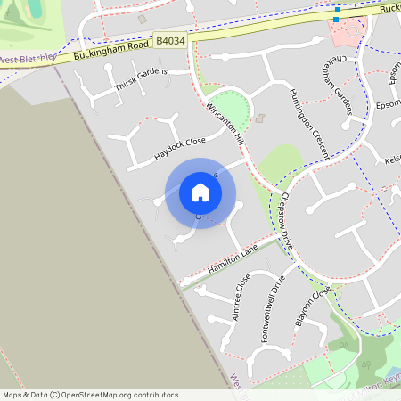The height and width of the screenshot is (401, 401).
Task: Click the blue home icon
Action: pyautogui.click(x=200, y=192)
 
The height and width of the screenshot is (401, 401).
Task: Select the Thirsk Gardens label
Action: pyautogui.click(x=141, y=80)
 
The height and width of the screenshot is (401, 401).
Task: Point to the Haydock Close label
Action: pyautogui.click(x=179, y=147)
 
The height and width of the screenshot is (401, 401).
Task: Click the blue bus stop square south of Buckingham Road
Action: pyautogui.click(x=337, y=19)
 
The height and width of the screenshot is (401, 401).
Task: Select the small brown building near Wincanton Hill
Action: pyautogui.click(x=260, y=118)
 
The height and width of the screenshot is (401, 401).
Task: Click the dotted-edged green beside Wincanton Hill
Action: pyautogui.click(x=228, y=104)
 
